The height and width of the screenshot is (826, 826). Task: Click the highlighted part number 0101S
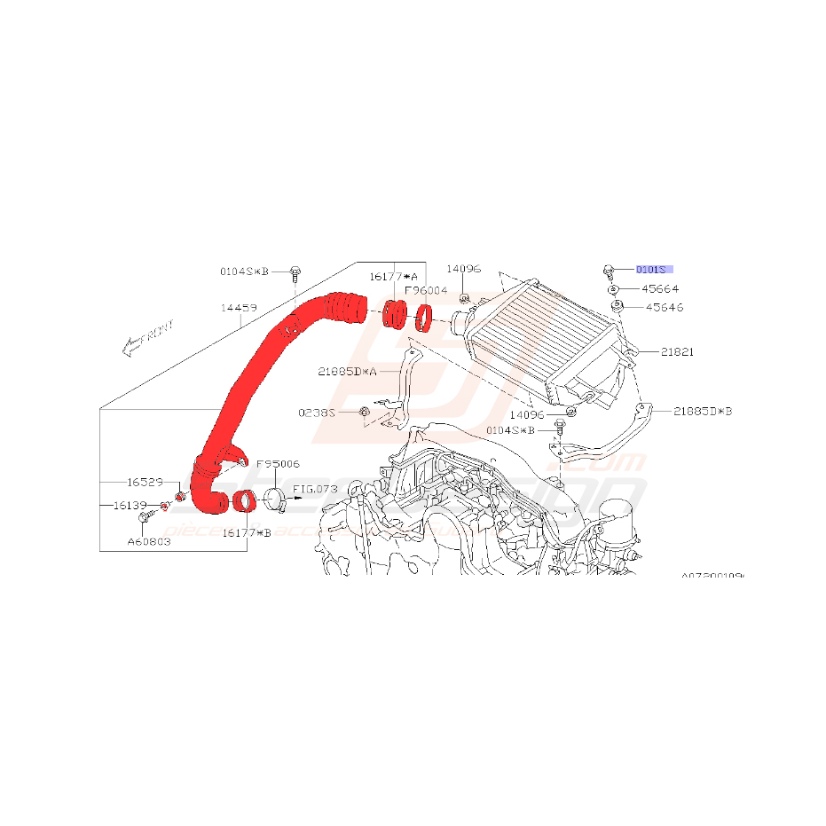(654, 268)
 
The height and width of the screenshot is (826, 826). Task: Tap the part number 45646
(665, 308)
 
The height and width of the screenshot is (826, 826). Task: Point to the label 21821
(677, 352)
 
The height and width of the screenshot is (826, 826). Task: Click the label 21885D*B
(703, 411)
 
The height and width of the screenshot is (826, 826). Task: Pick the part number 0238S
(317, 413)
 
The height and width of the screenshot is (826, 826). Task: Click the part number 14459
(239, 309)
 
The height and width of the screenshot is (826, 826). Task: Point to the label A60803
(148, 540)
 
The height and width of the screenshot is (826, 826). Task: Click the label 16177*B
(247, 532)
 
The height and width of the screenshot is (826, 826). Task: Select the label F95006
(278, 464)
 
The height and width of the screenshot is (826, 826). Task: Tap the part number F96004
(426, 290)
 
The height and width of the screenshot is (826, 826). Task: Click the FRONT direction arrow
(147, 339)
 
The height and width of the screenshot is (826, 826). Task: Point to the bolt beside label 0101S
(609, 268)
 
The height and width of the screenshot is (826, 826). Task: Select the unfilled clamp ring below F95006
(273, 500)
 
